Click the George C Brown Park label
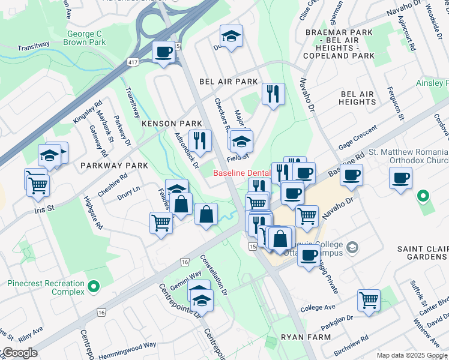point(86,38)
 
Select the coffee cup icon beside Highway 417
point(163,52)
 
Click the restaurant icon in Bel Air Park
point(273,94)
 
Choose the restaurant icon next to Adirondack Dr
point(200,141)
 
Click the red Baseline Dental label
point(242,174)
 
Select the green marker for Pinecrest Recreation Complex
point(93,287)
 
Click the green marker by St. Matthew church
point(423,196)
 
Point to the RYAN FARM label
point(308,337)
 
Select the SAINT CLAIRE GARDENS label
point(422,253)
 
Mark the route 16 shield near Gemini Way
point(184,262)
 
